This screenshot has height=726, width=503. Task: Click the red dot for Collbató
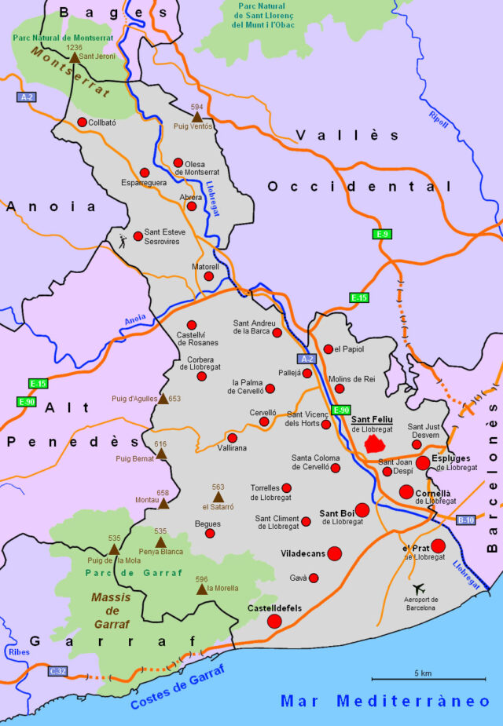coord(83,122)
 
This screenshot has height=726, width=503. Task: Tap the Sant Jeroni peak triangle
coord(74,57)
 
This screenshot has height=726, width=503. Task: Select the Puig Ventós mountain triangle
coord(197,117)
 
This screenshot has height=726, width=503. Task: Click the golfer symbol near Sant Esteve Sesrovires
coord(122,240)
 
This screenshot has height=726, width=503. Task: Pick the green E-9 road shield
coord(383,234)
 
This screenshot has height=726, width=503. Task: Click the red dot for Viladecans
coord(334,553)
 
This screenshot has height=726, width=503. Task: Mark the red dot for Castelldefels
coord(274,622)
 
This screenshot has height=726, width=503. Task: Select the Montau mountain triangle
coord(163,503)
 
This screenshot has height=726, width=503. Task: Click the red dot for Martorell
coord(209,276)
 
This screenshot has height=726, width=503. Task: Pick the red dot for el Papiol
coord(328,349)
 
